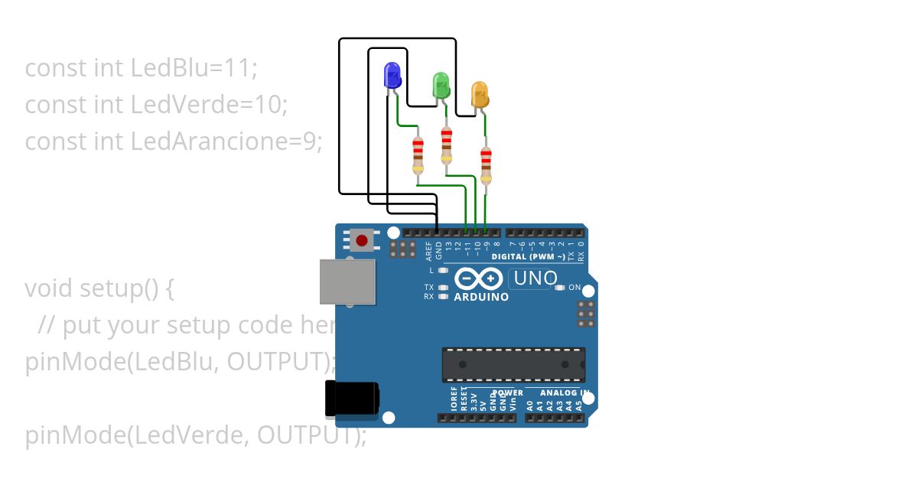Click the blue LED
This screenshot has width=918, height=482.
[391, 75]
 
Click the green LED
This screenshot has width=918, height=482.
[441, 83]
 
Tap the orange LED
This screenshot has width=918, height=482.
[479, 93]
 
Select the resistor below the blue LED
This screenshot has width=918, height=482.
[418, 155]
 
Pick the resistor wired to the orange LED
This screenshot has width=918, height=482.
[485, 165]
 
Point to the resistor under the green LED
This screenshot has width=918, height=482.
[446, 145]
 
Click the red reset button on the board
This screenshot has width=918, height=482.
[361, 241]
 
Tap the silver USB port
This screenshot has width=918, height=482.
[347, 282]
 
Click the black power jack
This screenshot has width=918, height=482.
[352, 399]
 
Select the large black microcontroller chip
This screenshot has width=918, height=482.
[513, 364]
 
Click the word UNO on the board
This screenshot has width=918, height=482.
[535, 278]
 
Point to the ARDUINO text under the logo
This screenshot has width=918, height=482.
[481, 297]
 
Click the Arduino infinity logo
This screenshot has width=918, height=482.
[479, 278]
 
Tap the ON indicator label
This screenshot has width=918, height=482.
[575, 288]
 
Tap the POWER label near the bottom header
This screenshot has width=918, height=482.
[507, 393]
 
